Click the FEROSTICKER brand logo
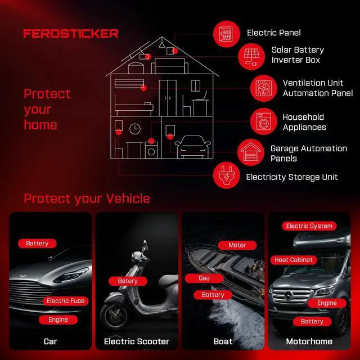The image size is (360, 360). click(71, 34)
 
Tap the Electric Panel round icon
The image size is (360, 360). click(226, 34)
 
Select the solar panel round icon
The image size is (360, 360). click(251, 56)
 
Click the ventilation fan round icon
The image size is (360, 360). click(264, 88)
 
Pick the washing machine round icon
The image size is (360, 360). click(264, 121)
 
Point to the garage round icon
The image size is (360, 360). click(251, 152)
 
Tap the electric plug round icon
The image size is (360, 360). click(226, 175)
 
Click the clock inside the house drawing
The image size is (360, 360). click(135, 129)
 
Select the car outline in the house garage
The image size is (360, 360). click(193, 147)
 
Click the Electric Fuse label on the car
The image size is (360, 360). click(66, 301)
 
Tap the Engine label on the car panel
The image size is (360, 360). click(58, 319)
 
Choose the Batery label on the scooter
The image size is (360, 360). click(128, 281)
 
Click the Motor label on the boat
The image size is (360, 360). click(237, 245)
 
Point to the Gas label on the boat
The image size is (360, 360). click(204, 278)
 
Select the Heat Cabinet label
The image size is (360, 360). click(294, 260)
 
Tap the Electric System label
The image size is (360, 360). click(309, 226)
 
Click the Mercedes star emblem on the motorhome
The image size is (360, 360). click(289, 295)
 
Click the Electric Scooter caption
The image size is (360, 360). click(137, 341)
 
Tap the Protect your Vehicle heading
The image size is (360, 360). click(87, 199)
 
